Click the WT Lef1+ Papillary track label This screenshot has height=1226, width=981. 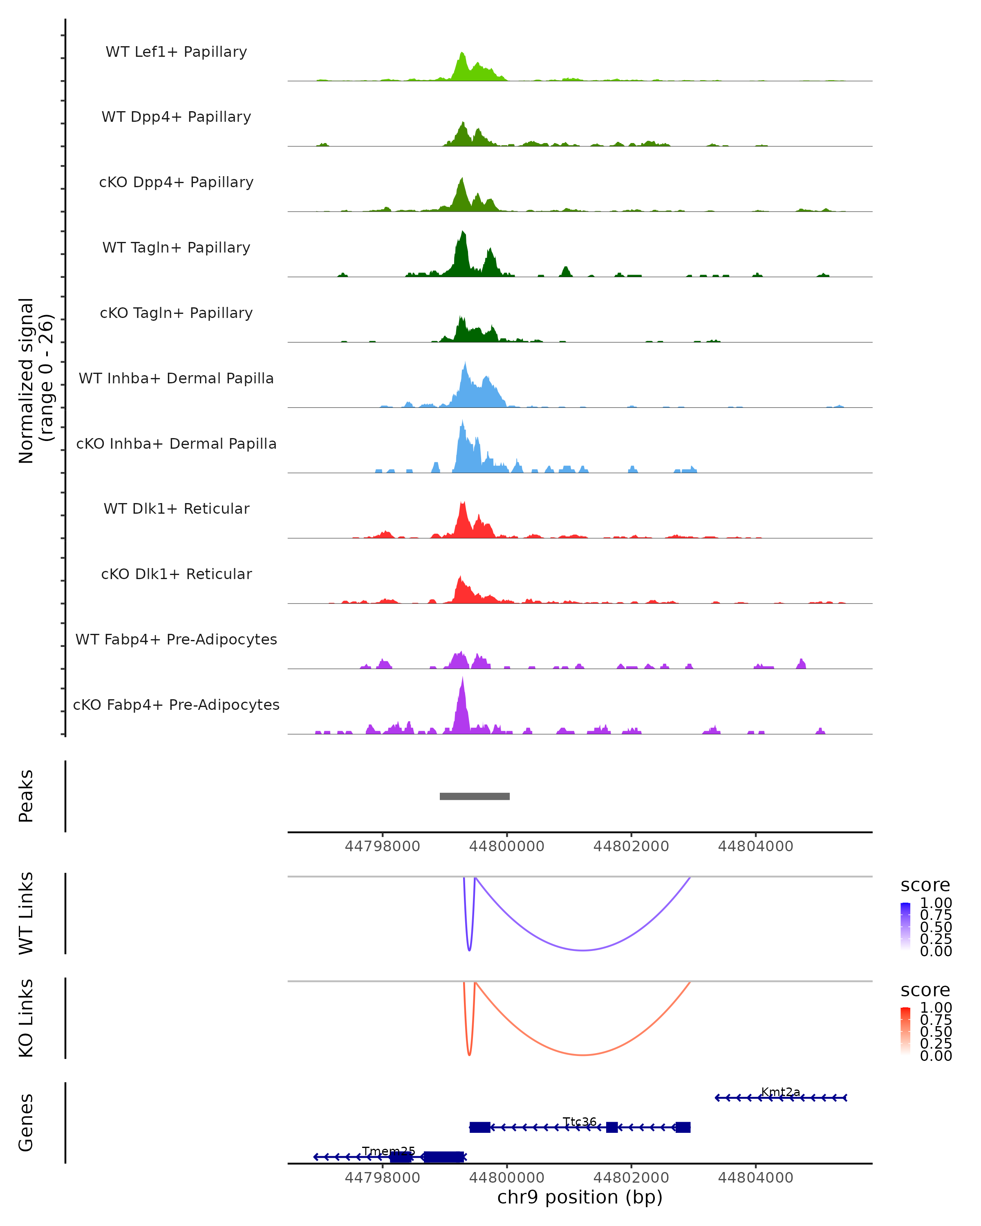(176, 52)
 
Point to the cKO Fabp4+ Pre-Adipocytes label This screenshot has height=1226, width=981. (176, 705)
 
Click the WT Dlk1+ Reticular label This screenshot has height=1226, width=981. (176, 508)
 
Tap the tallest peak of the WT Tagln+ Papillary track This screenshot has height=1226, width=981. (463, 233)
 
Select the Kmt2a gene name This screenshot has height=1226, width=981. (780, 1092)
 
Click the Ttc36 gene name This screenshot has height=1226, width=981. (580, 1121)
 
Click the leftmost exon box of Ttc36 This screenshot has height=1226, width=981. (480, 1127)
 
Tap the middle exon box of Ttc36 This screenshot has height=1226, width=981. (612, 1127)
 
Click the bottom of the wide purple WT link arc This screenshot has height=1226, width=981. (583, 950)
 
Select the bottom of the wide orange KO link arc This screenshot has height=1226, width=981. (583, 1055)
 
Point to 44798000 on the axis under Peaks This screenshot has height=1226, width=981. (382, 846)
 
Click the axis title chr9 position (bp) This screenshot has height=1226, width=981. (580, 1197)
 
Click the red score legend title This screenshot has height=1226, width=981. (925, 990)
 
